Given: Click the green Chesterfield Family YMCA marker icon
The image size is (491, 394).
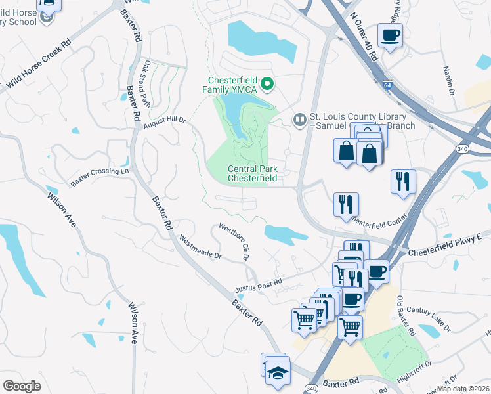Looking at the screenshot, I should pyautogui.click(x=267, y=83).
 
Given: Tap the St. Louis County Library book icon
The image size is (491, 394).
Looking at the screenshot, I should pyautogui.click(x=299, y=119).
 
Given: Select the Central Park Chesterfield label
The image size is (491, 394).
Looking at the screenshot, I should pyautogui.click(x=253, y=173).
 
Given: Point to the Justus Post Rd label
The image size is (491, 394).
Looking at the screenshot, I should pyautogui.click(x=259, y=286).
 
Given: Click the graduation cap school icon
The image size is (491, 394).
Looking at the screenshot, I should pyautogui.click(x=278, y=372).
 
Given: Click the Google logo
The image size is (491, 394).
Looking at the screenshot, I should pyautogui.click(x=22, y=385).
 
